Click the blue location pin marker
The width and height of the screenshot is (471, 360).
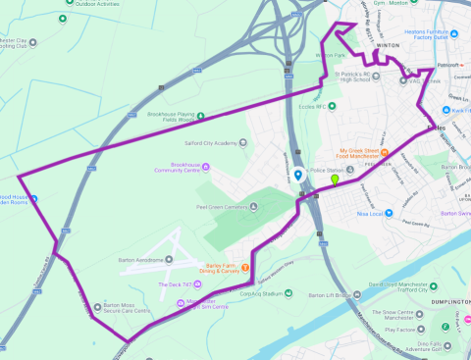(x=298, y=176)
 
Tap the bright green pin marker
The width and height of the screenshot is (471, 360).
(x=335, y=180)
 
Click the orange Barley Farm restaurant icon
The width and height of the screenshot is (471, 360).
(x=246, y=268)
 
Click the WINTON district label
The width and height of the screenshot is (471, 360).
(x=387, y=45)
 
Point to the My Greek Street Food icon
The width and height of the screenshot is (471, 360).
(x=386, y=151)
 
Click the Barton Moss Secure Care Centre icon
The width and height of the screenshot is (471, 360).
(x=96, y=307)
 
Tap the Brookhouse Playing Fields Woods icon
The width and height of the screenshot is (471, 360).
(x=195, y=116)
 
